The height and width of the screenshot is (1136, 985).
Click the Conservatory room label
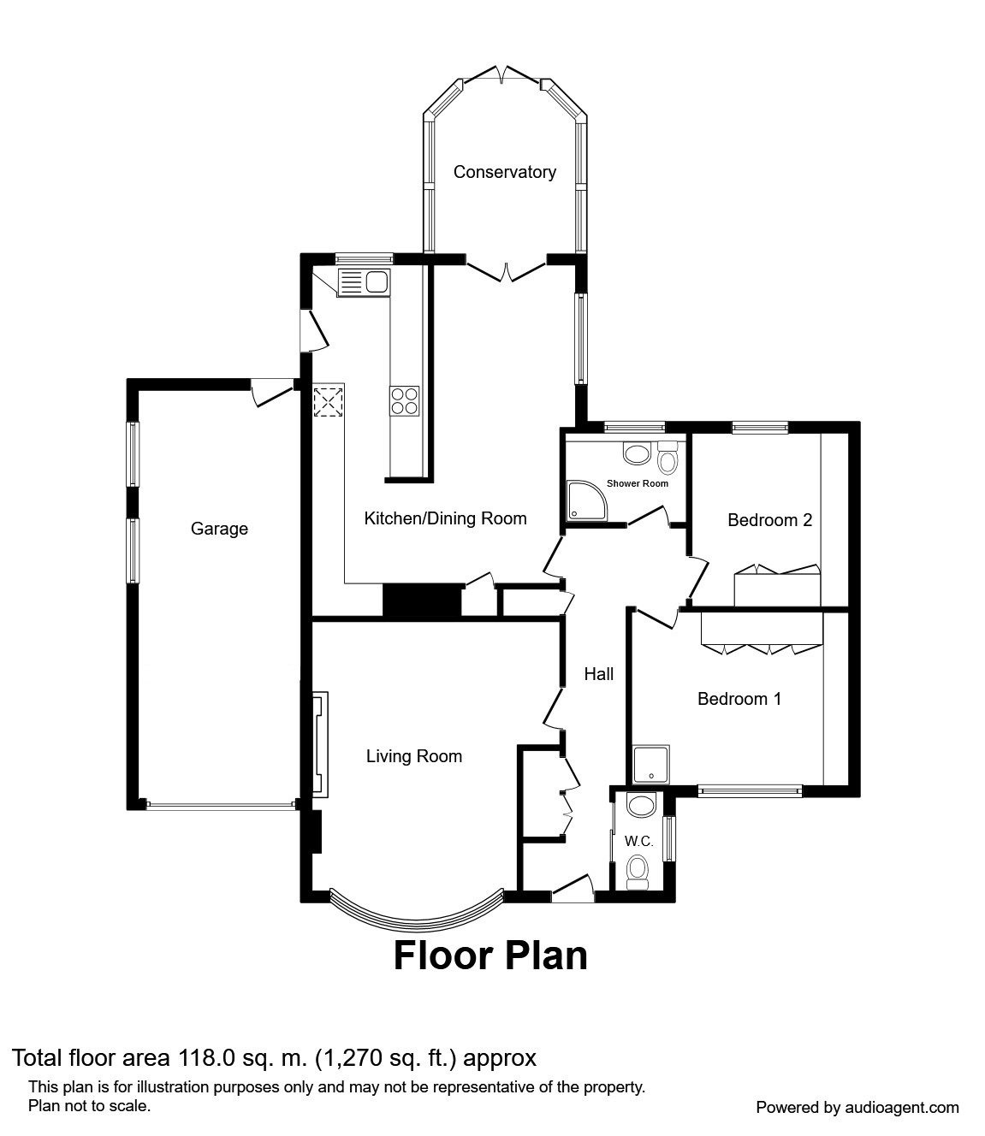click(x=504, y=172)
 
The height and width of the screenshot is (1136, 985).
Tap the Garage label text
click(x=219, y=529)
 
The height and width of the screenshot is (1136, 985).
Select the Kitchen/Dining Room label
click(x=445, y=518)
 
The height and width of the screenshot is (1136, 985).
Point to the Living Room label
click(x=413, y=756)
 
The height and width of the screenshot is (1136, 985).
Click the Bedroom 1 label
click(x=739, y=699)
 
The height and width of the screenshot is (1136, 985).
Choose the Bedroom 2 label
click(x=769, y=520)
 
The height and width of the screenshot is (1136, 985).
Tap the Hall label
click(x=598, y=674)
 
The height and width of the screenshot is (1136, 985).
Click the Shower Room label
click(x=637, y=483)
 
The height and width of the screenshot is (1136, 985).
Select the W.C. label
click(x=638, y=842)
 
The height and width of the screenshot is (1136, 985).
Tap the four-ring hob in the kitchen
click(x=406, y=400)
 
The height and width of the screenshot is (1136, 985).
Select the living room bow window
click(x=416, y=917)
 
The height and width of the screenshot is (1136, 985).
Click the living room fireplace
click(x=319, y=745)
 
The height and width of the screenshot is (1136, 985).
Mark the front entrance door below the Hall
click(x=572, y=890)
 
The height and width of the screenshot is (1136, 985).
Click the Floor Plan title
click(x=490, y=956)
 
